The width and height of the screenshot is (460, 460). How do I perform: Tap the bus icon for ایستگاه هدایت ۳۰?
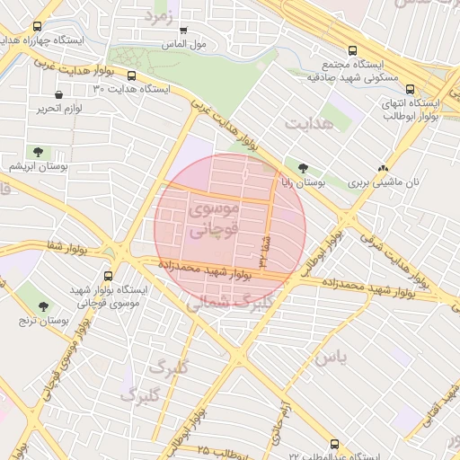coord(132,76)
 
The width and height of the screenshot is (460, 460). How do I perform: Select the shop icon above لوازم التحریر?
coord(59,94)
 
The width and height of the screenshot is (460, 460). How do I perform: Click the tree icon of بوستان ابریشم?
coord(37,151)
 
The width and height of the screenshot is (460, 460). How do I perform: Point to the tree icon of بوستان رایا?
coord(303,167)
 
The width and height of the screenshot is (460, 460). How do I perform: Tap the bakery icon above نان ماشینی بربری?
coord(384,167)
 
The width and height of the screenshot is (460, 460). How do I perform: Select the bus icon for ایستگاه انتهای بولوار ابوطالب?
coord(411,89)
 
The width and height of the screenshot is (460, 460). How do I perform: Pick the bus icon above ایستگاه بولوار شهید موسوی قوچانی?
coord(109,277)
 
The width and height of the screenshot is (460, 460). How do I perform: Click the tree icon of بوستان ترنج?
coord(43,306)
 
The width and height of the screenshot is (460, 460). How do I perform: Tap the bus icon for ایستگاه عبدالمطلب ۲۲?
coord(335,444)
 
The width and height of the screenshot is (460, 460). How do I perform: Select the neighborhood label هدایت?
coord(308,123)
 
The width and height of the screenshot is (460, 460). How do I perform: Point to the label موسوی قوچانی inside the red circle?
coord(216,218)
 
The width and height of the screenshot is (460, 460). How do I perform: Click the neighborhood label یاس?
coord(329,357)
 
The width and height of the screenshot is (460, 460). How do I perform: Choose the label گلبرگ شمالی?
coord(219,304)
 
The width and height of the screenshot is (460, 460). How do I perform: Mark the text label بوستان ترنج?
coord(45,320)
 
